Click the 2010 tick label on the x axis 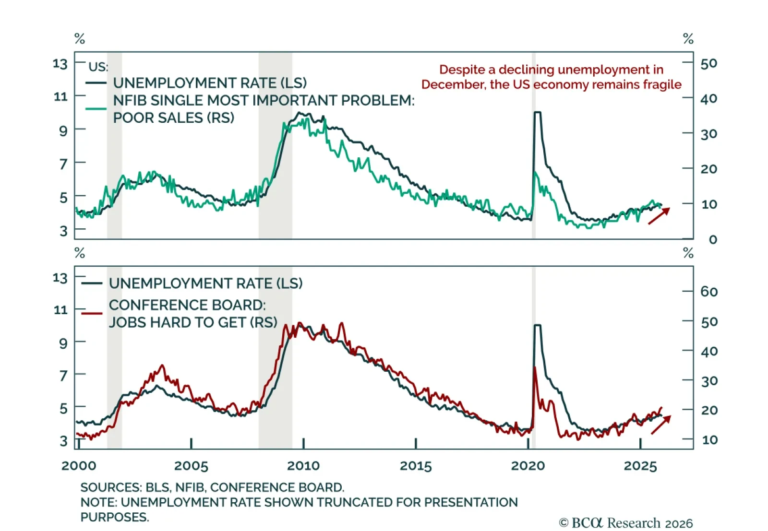pos(303,466)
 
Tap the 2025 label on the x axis pos(640,466)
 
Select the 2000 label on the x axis pos(79,466)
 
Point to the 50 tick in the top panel pos(708,63)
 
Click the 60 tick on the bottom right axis pos(708,292)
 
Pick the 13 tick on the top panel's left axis pos(60,63)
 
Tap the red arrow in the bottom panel pos(660,425)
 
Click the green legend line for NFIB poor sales pos(96,109)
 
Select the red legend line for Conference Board pos(92,313)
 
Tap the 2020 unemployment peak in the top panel pos(538,113)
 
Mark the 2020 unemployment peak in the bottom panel pos(538,326)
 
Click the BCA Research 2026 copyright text pos(626,522)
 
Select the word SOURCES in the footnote pos(110,487)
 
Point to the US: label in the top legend pos(98,67)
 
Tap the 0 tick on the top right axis pos(712,239)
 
